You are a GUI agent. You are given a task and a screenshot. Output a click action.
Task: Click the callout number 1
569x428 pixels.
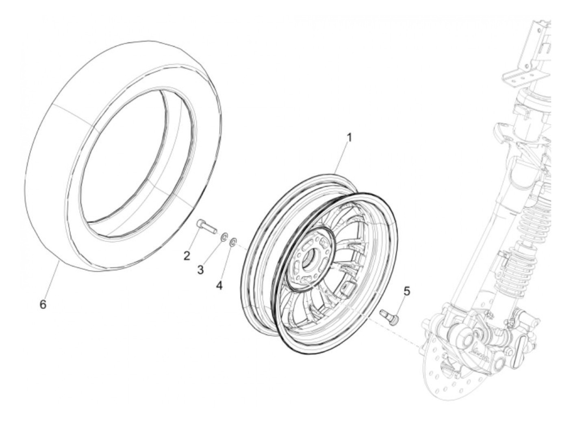click(349, 138)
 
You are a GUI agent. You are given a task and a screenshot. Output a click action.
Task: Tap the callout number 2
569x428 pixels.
click(187, 256)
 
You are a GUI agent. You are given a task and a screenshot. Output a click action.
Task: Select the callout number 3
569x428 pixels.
click(200, 270)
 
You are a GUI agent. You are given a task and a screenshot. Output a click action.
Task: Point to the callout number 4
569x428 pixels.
click(219, 286)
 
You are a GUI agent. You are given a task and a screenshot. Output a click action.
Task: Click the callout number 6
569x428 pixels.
click(43, 304)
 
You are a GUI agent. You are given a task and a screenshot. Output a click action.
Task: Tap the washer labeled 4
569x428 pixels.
click(233, 243)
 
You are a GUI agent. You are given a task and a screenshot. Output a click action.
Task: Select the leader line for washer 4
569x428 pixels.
click(226, 264)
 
